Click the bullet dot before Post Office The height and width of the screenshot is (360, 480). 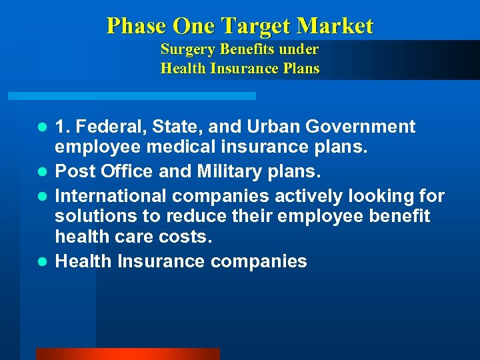click(x=41, y=172)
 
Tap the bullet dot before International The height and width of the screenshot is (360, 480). click(x=41, y=197)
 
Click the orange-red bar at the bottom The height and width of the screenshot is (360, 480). click(x=127, y=354)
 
